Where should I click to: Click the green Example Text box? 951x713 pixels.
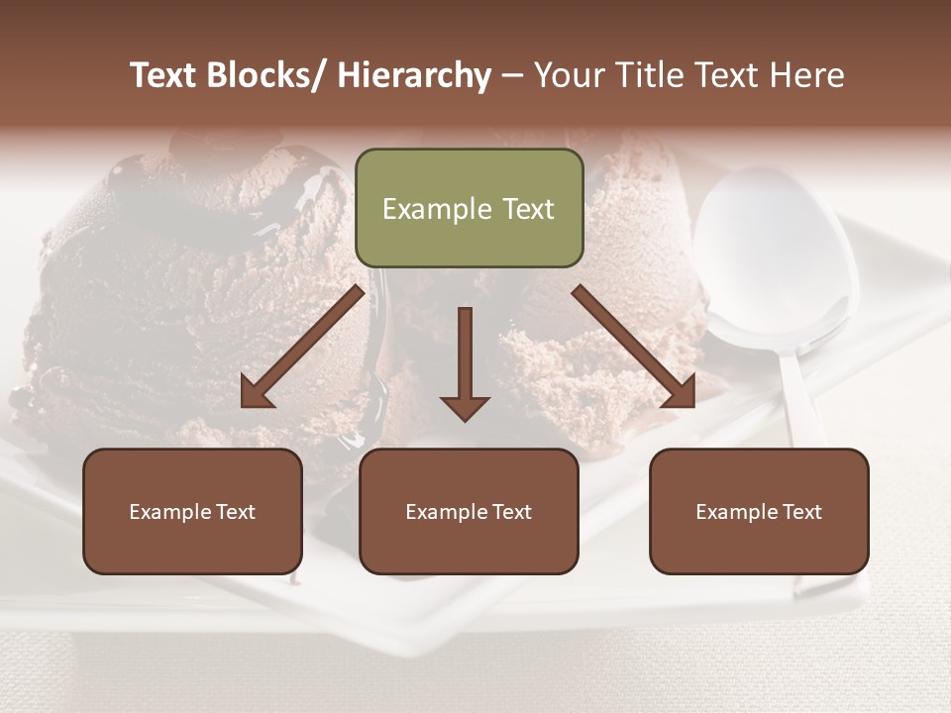click(x=469, y=208)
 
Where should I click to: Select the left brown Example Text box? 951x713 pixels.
click(x=192, y=511)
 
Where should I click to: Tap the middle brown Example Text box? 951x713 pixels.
click(x=468, y=511)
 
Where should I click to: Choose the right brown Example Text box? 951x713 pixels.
click(x=759, y=511)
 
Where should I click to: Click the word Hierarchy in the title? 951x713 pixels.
click(x=414, y=75)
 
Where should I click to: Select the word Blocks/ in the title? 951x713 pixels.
click(x=269, y=75)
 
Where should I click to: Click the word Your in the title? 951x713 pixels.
click(x=570, y=75)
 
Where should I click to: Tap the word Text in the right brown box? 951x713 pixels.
click(x=800, y=511)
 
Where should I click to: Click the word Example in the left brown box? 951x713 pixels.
click(x=170, y=511)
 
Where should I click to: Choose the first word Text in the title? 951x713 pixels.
click(x=164, y=75)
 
